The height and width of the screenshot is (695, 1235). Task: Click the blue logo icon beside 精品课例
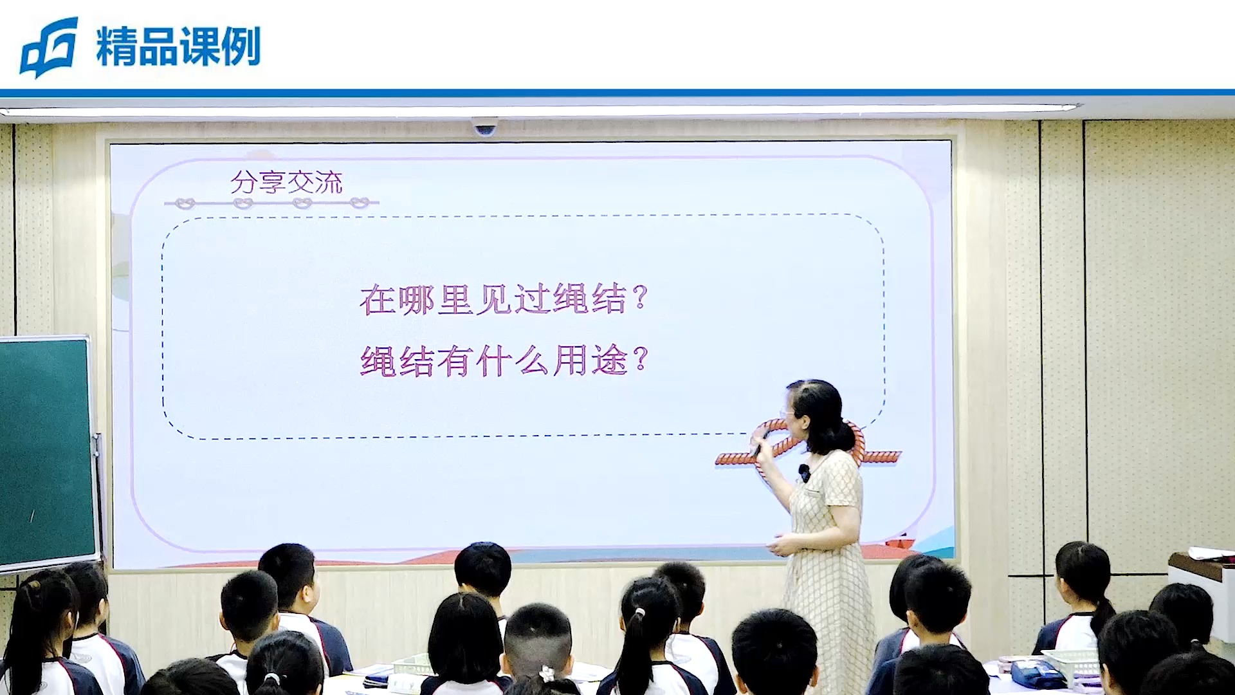[x=49, y=48]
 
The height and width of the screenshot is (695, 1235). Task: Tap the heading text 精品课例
[x=178, y=46]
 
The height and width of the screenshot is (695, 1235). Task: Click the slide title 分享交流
[x=286, y=182]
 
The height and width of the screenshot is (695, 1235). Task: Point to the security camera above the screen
[x=484, y=126]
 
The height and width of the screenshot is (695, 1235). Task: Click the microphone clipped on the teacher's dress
[x=804, y=473]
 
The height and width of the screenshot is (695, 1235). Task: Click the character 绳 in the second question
[x=378, y=360]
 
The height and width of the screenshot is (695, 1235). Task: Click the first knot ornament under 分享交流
[x=185, y=203]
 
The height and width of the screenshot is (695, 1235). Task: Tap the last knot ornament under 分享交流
[x=360, y=203]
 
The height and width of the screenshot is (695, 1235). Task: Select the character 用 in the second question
[x=570, y=360]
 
